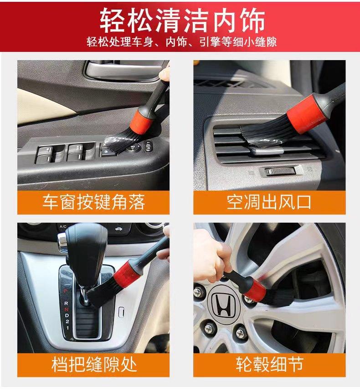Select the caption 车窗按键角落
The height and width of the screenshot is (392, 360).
click(x=93, y=202)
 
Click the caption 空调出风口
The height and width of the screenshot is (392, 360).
click(x=269, y=202)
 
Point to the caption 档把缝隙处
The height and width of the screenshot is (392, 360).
click(x=93, y=364)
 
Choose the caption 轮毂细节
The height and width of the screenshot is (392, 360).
click(x=269, y=364)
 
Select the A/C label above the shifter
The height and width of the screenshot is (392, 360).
click(x=63, y=227)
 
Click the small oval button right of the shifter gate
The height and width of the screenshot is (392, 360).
click(x=121, y=312)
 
